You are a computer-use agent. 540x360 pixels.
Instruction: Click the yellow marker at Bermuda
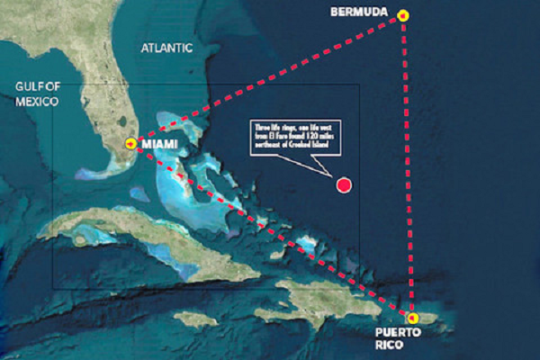pos(403,15)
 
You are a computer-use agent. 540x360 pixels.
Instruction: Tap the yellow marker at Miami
pos(131,143)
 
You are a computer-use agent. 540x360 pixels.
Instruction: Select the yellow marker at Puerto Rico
pos(412,318)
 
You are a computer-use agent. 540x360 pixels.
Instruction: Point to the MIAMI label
pos(158,144)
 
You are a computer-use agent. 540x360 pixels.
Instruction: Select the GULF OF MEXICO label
pos(37,94)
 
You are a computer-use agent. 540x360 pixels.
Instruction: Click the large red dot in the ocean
pos(343,185)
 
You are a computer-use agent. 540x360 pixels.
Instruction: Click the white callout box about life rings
pos(285,136)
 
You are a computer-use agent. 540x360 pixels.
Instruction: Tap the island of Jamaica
pos(196,319)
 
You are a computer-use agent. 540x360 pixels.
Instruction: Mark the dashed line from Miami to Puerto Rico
pos(270,229)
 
